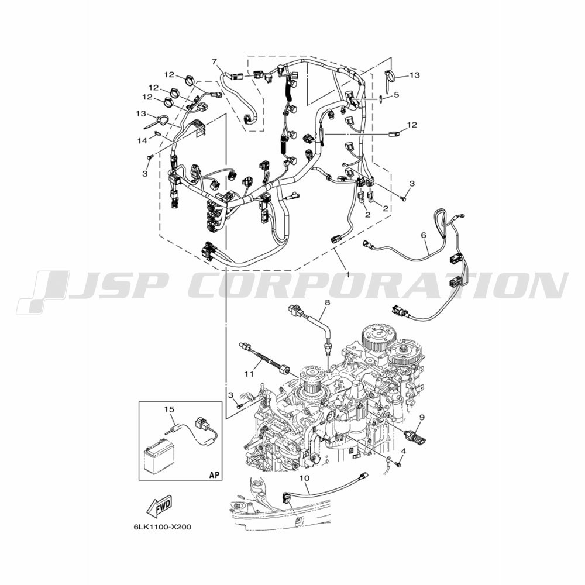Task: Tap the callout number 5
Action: click(396, 95)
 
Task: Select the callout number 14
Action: click(142, 140)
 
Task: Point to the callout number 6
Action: click(423, 235)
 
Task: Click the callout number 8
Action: click(327, 302)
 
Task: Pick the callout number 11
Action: click(249, 373)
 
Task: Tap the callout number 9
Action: click(422, 417)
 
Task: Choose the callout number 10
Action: click(304, 477)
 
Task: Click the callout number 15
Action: click(170, 409)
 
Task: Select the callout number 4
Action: click(403, 451)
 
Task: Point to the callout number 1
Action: click(348, 274)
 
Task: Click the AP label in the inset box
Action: click(214, 475)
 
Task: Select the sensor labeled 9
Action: click(415, 435)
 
